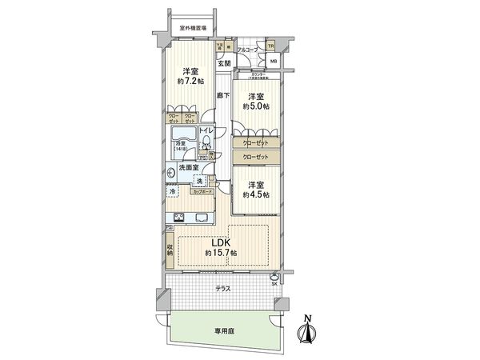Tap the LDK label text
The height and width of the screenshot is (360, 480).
[219, 244]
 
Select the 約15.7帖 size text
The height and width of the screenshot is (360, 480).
[219, 254]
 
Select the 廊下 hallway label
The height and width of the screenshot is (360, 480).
[223, 97]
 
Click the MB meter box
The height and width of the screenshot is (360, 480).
[274, 61]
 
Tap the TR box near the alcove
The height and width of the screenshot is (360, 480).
[271, 46]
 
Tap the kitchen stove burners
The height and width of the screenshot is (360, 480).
[178, 218]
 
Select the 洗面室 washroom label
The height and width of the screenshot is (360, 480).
[188, 168]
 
